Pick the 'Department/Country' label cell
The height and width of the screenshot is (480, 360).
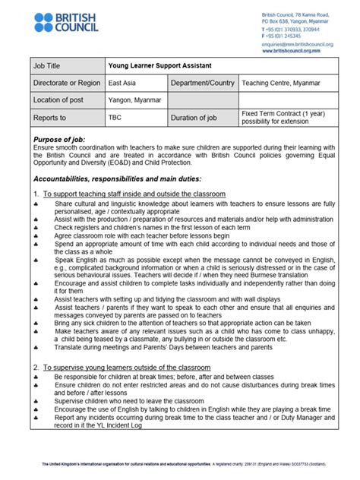tap(201, 83)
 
